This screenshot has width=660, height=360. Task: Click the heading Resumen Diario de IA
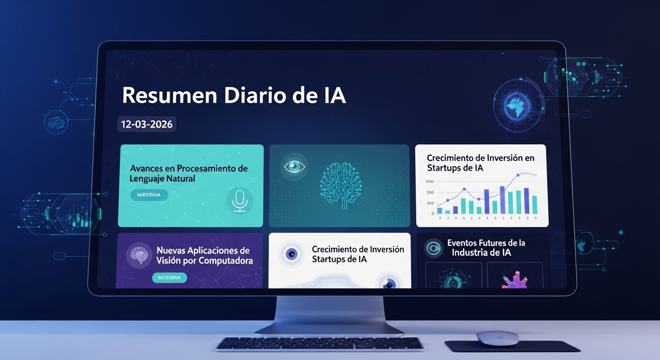234,95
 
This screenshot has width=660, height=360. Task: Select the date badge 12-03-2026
147,124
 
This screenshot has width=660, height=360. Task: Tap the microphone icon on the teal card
240,200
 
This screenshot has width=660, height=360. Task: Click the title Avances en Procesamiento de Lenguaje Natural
189,173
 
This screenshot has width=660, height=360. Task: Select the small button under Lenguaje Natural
149,195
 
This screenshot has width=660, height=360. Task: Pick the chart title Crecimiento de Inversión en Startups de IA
480,163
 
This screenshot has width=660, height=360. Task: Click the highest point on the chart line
518,175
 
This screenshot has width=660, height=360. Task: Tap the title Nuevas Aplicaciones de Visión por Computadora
204,255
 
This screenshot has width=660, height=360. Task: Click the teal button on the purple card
169,277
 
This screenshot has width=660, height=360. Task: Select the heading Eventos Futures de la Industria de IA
486,247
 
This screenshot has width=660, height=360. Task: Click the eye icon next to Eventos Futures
434,248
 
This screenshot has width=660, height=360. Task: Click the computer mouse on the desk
497,338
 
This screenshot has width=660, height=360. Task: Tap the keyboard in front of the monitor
320,344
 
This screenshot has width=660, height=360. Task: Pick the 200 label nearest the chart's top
430,192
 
